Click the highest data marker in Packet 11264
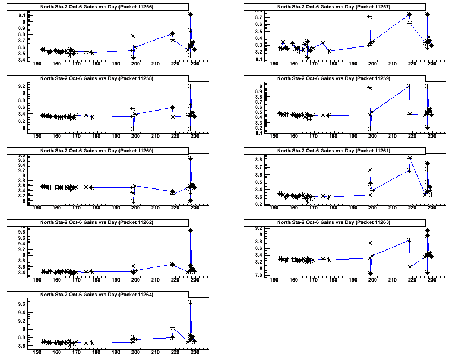(191, 302)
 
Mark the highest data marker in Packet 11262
(191, 230)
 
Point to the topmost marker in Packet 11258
(191, 86)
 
